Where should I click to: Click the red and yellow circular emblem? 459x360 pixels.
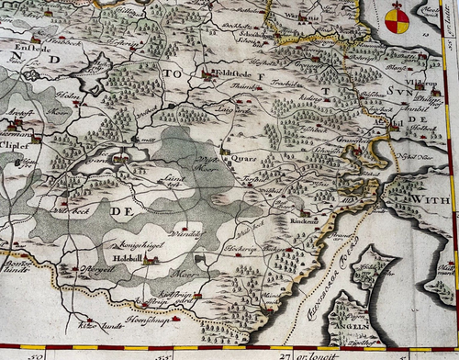click(x=397, y=17)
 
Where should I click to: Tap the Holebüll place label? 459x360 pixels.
click(x=126, y=260)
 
